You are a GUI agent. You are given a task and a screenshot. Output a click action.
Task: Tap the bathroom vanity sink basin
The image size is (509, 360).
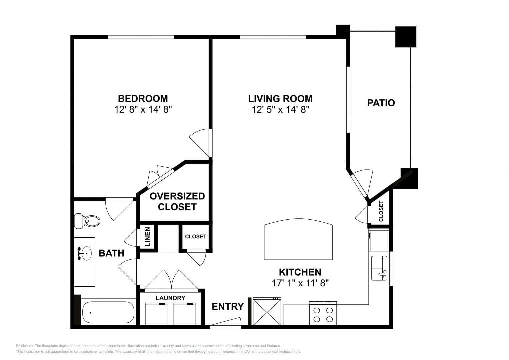(86, 253)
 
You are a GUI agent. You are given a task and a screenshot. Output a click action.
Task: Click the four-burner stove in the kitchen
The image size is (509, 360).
(323, 313)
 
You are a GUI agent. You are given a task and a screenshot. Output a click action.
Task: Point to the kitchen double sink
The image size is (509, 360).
(379, 268)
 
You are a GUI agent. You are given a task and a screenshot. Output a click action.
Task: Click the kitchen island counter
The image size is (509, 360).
(298, 239)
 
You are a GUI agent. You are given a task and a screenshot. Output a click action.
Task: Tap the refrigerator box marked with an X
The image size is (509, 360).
(267, 311)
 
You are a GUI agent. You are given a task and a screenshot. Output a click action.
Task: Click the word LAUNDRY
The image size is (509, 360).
(170, 298)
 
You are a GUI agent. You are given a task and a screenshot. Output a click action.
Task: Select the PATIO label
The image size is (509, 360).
(381, 103)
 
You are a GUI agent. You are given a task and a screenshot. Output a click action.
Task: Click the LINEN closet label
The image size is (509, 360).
(147, 237)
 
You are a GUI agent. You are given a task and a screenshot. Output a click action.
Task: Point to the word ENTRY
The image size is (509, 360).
(228, 307)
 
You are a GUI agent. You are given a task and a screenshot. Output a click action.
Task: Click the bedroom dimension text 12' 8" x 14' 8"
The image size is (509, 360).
(143, 110)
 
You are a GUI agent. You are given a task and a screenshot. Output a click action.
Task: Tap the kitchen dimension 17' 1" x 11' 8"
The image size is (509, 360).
(300, 283)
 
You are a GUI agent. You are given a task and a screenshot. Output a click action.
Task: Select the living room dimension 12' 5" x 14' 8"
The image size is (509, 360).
(280, 110)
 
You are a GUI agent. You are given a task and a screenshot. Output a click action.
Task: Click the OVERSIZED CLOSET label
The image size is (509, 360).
(177, 201)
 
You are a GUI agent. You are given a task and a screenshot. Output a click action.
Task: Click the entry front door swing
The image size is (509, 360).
(225, 322)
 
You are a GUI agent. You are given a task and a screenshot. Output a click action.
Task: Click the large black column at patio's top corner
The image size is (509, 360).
(406, 37)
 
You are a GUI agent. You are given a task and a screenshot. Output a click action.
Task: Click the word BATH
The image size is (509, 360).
(111, 253)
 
